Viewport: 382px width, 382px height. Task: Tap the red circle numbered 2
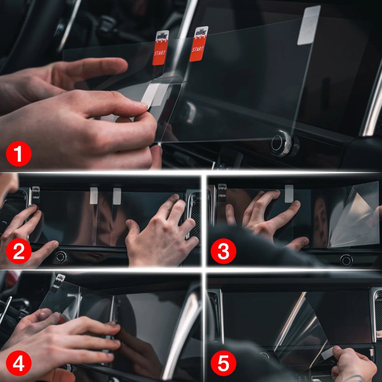pos(19,252)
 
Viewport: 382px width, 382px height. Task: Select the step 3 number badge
pos(223,252)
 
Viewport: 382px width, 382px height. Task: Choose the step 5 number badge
pos(223,363)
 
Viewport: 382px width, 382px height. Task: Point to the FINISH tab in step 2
pos(36,195)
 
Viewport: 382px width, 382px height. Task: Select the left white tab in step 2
pos(94,195)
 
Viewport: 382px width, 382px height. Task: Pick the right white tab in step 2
pos(117,196)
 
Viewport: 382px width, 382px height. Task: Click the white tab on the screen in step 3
pos(289,194)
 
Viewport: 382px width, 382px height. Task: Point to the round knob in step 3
pos(346,260)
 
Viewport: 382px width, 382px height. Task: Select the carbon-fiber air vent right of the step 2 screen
pos(195,217)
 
